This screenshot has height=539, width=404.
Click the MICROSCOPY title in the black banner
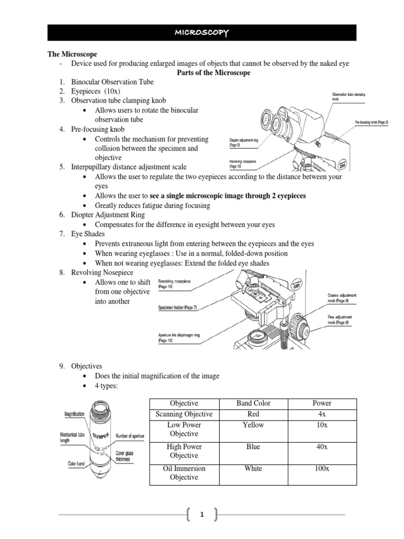tap(202, 33)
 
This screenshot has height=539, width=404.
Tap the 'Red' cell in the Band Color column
tap(253, 414)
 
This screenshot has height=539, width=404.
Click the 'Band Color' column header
tap(253, 403)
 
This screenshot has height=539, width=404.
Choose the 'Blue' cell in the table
tap(253, 446)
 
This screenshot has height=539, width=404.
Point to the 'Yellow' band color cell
tap(253, 425)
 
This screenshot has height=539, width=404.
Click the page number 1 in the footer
tap(201, 516)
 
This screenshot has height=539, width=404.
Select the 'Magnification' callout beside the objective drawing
tap(75, 415)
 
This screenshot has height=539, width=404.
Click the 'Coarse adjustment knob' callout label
tap(342, 298)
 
